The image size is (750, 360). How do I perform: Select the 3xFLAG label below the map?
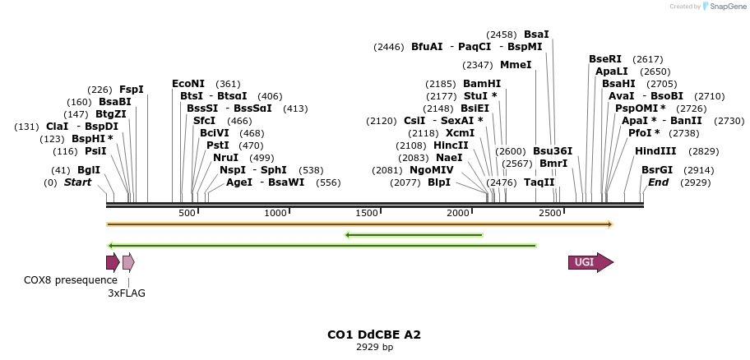[x=127, y=293]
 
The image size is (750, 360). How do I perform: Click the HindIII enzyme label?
[x=655, y=151]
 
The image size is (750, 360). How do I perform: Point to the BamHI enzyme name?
[x=482, y=84]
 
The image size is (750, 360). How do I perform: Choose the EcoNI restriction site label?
[x=187, y=84]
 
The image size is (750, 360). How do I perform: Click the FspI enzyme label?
[x=132, y=90]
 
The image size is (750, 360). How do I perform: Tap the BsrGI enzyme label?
[x=657, y=170]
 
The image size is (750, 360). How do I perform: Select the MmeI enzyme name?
[x=516, y=65]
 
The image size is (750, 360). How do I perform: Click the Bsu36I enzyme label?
[x=553, y=151]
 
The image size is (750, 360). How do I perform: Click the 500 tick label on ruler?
[x=187, y=214]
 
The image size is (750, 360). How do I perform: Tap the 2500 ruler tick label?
[x=549, y=214]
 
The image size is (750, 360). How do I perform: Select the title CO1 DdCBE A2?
[x=374, y=335]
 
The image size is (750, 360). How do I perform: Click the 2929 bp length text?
[x=374, y=347]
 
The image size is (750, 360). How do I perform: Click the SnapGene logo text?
[x=724, y=7]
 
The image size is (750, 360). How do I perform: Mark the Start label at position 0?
[x=78, y=182]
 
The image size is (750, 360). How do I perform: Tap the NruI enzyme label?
[x=225, y=158]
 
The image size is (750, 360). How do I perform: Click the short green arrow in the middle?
[x=414, y=235]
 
